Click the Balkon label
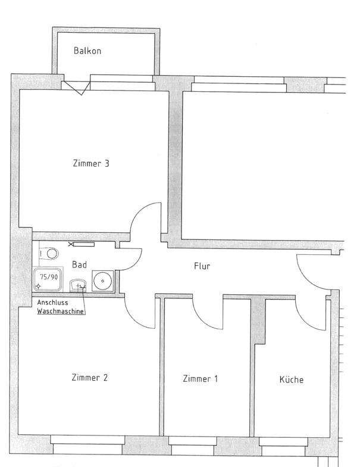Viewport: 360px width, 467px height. pos(87,51)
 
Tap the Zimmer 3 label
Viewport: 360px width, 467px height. pos(91,163)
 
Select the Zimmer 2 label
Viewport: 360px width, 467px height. pos(89,378)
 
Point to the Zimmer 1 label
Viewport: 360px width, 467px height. pos(200,379)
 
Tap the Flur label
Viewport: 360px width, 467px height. pos(202,266)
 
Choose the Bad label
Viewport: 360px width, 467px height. pos(80,264)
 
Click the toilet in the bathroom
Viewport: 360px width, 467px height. pos(49,254)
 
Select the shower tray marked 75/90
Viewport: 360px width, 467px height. pos(48,279)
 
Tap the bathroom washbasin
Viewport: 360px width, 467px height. pos(78,285)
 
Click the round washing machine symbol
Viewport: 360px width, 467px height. pos(102,281)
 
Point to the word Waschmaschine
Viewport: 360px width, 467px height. pos(60,312)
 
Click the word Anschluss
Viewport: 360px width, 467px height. pos(52,303)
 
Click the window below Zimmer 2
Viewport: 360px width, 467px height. pos(87,445)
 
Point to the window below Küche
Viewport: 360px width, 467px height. pos(283,446)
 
